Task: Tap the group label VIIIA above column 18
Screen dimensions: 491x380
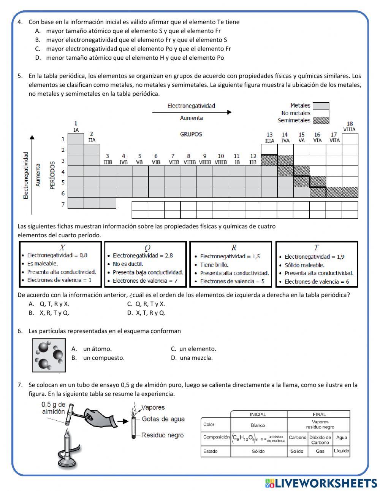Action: pyautogui.click(x=349, y=130)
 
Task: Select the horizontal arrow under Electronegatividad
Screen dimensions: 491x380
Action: pyautogui.click(x=192, y=112)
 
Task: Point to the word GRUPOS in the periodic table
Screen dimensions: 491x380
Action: pyautogui.click(x=191, y=134)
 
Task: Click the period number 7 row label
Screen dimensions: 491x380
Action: pyautogui.click(x=63, y=204)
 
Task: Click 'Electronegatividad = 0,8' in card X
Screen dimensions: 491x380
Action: pyautogui.click(x=57, y=255)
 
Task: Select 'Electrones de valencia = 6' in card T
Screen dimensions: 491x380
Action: pyautogui.click(x=317, y=282)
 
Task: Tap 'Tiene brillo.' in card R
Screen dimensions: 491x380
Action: pyautogui.click(x=214, y=265)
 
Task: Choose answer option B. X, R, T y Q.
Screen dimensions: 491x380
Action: pyautogui.click(x=49, y=313)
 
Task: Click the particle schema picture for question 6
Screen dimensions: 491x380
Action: pyautogui.click(x=49, y=355)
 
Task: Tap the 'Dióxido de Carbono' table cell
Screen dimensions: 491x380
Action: pyautogui.click(x=320, y=440)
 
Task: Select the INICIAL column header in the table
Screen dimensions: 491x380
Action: pyautogui.click(x=258, y=414)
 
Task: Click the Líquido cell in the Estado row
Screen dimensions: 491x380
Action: pyautogui.click(x=341, y=451)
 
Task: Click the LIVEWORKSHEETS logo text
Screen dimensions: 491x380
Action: pyautogui.click(x=325, y=483)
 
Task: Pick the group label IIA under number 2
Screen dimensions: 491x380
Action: pyautogui.click(x=92, y=140)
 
